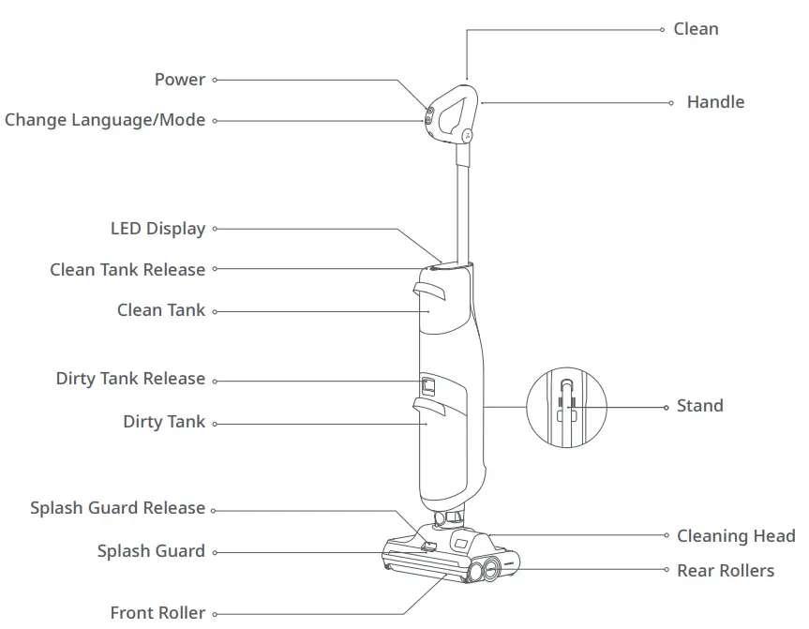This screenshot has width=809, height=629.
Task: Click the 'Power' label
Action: (x=179, y=80)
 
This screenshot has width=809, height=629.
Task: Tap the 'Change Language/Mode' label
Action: (x=105, y=120)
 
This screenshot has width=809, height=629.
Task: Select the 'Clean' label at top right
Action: (x=696, y=29)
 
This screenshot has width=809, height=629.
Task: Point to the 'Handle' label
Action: (x=715, y=102)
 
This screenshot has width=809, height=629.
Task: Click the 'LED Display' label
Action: (x=157, y=229)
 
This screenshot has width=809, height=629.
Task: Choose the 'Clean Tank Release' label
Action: (x=127, y=270)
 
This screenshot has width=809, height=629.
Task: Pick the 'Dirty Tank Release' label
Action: (x=130, y=379)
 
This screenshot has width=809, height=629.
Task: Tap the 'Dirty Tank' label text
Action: (x=164, y=422)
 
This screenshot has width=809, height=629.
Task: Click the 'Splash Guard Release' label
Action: (x=117, y=508)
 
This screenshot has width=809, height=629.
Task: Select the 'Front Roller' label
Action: (x=157, y=613)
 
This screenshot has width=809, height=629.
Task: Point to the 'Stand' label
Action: (x=699, y=406)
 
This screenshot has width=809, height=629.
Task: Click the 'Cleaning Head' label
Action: (x=735, y=536)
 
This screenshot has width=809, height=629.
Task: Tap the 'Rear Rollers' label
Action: (x=726, y=570)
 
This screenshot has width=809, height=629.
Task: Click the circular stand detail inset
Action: (x=563, y=407)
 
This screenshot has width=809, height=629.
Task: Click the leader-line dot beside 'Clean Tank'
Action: (x=215, y=311)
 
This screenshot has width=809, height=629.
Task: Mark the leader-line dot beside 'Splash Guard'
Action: (x=215, y=552)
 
